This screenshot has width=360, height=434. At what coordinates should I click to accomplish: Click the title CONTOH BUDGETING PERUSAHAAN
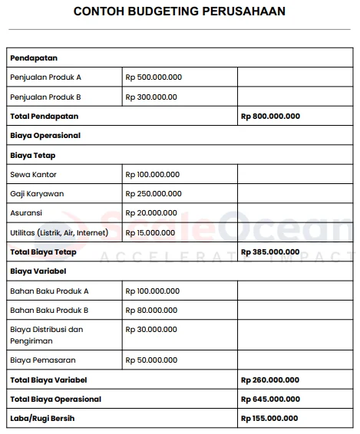pos(180,12)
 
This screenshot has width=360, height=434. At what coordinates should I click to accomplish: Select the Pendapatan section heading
pos(34,58)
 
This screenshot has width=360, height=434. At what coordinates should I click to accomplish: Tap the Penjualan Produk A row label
pos(45,77)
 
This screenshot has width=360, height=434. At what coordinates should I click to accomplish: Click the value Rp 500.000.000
pos(154,77)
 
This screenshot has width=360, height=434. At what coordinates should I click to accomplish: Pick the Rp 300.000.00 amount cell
pos(151,97)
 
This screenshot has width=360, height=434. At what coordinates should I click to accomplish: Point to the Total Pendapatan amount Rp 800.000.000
pos(270,117)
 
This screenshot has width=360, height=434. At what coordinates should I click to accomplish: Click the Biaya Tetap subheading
pos(33,155)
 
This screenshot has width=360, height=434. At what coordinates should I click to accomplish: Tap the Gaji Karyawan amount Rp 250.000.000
pos(154,193)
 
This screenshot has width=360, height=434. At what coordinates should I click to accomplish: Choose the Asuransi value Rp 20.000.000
pos(151,212)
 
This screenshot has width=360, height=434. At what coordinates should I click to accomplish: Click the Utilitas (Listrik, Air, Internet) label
pos(59,232)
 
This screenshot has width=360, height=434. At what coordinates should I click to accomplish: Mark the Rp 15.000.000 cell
pos(151,232)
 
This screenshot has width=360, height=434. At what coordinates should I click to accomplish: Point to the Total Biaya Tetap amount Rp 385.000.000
pos(270,252)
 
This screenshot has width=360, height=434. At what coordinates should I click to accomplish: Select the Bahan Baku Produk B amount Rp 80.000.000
pos(151,310)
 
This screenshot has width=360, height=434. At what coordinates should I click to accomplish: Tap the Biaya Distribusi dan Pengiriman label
pos(47,334)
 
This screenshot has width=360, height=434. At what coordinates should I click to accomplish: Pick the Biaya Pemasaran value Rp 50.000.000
pos(151,359)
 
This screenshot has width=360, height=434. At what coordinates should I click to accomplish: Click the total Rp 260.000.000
pos(270,380)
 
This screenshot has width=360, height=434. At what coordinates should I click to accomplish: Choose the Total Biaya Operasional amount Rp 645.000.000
pos(270,399)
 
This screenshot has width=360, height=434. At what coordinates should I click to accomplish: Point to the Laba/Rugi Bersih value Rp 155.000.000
pos(270,418)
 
